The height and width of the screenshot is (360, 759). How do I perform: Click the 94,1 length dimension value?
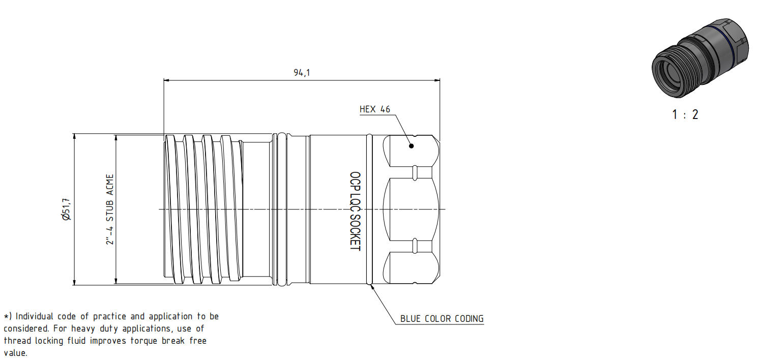point(302,73)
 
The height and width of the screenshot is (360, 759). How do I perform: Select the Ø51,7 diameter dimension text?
point(67,209)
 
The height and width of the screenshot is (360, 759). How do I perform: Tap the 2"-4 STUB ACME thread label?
point(110,209)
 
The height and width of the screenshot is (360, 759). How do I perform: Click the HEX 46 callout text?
point(375,109)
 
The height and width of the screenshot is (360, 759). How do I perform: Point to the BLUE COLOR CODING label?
point(442,319)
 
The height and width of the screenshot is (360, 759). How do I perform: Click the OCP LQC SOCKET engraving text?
point(355,212)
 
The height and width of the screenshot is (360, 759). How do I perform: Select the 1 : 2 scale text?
point(685,114)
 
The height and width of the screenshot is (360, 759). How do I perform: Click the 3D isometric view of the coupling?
point(699,58)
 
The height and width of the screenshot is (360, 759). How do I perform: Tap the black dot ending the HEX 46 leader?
point(412,146)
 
